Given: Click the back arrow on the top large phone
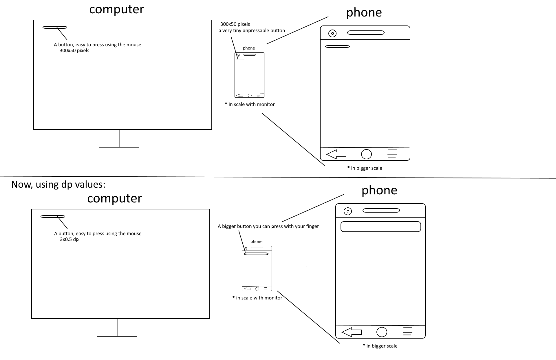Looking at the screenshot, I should (x=336, y=154).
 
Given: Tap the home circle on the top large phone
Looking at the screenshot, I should (x=366, y=154).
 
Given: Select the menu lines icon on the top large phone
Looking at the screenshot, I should (x=392, y=154).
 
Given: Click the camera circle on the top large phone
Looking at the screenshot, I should (x=332, y=34).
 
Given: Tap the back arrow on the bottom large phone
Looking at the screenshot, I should (x=352, y=332).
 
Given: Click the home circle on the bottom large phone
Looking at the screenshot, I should (x=382, y=332).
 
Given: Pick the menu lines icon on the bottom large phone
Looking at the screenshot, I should (x=407, y=331).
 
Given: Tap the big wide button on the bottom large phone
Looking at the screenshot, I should (x=381, y=227).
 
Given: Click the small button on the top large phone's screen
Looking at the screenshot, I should (x=337, y=46).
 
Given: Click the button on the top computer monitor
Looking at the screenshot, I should (x=55, y=28).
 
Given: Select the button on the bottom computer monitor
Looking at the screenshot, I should (x=53, y=216).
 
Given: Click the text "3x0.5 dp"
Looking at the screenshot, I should (x=69, y=240).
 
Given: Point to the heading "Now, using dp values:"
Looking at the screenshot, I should (x=58, y=184).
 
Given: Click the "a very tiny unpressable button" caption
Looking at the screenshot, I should (x=252, y=31).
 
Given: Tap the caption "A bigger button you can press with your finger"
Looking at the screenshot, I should (x=268, y=226).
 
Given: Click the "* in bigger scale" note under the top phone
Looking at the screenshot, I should (x=365, y=168).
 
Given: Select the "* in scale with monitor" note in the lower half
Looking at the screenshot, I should (x=257, y=298).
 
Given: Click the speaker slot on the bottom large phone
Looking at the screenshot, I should (x=381, y=211).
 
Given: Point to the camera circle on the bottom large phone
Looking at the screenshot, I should (x=348, y=211).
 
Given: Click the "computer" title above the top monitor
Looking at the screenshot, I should (x=116, y=10).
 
